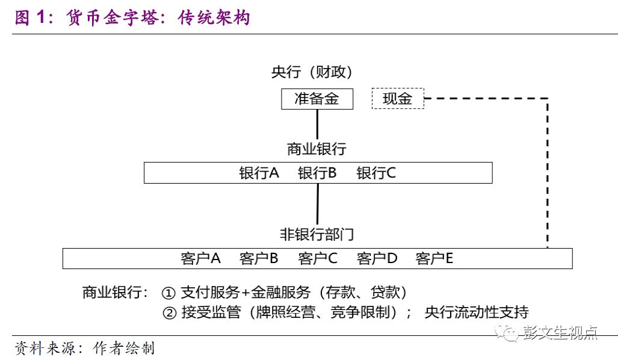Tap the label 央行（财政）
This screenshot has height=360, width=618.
(x=311, y=72)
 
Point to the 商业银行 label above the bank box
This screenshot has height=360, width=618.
(x=317, y=149)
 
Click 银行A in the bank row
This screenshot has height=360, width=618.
(x=259, y=173)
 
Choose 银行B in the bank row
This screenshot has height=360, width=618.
(x=317, y=173)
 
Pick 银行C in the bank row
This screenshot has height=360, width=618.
(x=376, y=173)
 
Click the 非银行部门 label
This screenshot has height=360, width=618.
(x=317, y=235)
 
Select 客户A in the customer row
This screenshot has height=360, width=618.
(x=200, y=259)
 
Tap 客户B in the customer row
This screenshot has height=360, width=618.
(x=259, y=259)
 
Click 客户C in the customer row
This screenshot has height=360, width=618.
(x=318, y=259)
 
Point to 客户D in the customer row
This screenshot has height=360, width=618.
(x=377, y=259)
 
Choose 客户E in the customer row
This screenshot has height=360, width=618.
(x=434, y=259)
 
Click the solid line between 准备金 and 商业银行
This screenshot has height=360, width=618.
(x=317, y=125)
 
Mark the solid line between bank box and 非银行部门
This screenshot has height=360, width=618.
(x=318, y=204)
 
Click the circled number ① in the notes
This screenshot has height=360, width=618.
(x=168, y=293)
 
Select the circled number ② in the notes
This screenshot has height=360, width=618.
(x=170, y=313)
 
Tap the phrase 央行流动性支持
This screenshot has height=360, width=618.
(x=477, y=312)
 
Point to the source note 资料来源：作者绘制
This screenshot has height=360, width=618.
(x=84, y=348)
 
